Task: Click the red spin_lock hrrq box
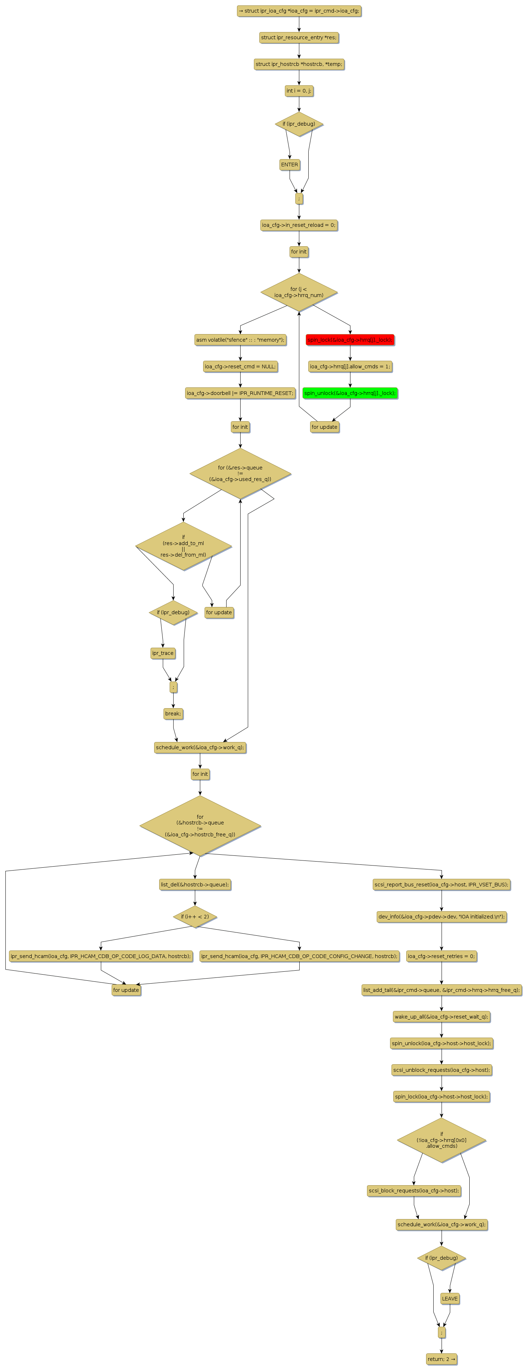pyautogui.click(x=350, y=340)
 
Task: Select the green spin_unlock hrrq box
pyautogui.click(x=350, y=393)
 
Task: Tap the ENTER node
pyautogui.click(x=290, y=165)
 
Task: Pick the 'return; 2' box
pyautogui.click(x=441, y=1359)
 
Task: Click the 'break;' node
pyautogui.click(x=173, y=714)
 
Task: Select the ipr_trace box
pyautogui.click(x=163, y=653)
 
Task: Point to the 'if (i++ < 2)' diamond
pyautogui.click(x=195, y=917)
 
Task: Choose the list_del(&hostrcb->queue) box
pyautogui.click(x=195, y=885)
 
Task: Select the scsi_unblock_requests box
pyautogui.click(x=441, y=1070)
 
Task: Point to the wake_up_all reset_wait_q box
pyautogui.click(x=441, y=1016)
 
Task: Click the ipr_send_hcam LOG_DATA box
pyautogui.click(x=100, y=956)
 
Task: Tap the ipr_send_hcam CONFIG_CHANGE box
pyautogui.click(x=299, y=956)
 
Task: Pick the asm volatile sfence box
pyautogui.click(x=240, y=340)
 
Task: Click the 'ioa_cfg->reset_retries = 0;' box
pyautogui.click(x=441, y=956)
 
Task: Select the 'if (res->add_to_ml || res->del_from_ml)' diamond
pyautogui.click(x=184, y=546)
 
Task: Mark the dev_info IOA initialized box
pyautogui.click(x=441, y=917)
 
